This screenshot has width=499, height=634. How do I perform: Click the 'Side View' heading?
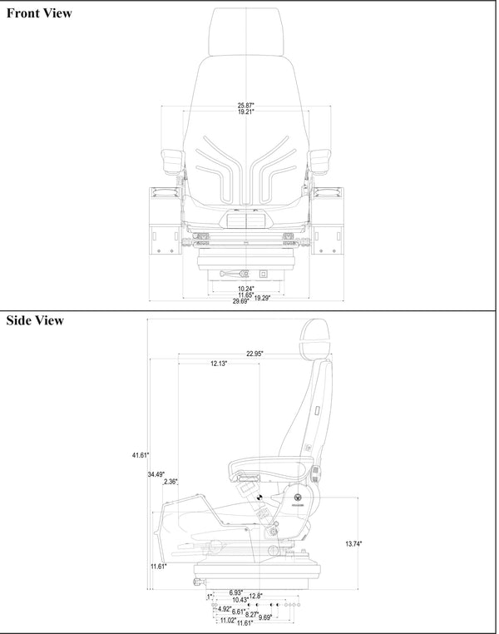[34, 321]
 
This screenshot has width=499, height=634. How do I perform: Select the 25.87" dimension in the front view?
[245, 105]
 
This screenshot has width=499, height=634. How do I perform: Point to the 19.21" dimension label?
[245, 111]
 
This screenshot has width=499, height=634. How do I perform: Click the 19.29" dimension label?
[263, 297]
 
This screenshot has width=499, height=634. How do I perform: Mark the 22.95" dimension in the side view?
[254, 354]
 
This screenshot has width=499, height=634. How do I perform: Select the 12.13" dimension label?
[219, 364]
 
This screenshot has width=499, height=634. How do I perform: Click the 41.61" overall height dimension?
[140, 455]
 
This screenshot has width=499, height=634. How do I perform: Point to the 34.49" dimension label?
[155, 474]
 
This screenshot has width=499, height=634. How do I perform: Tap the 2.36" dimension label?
[170, 482]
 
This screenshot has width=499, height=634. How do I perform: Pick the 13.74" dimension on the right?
[353, 543]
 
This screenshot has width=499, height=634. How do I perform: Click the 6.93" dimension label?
[236, 592]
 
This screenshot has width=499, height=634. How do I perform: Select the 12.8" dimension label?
[255, 596]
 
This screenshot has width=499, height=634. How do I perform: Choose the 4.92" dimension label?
[223, 608]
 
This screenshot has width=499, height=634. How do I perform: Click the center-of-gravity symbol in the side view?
[258, 498]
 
